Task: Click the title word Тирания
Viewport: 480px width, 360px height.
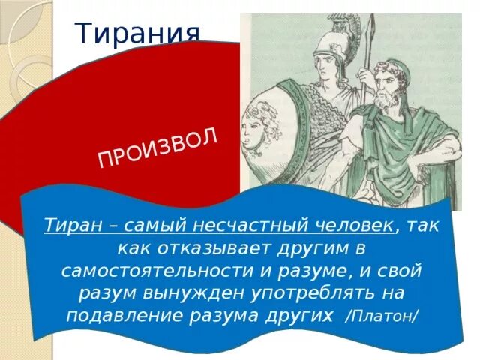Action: pos(139,33)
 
